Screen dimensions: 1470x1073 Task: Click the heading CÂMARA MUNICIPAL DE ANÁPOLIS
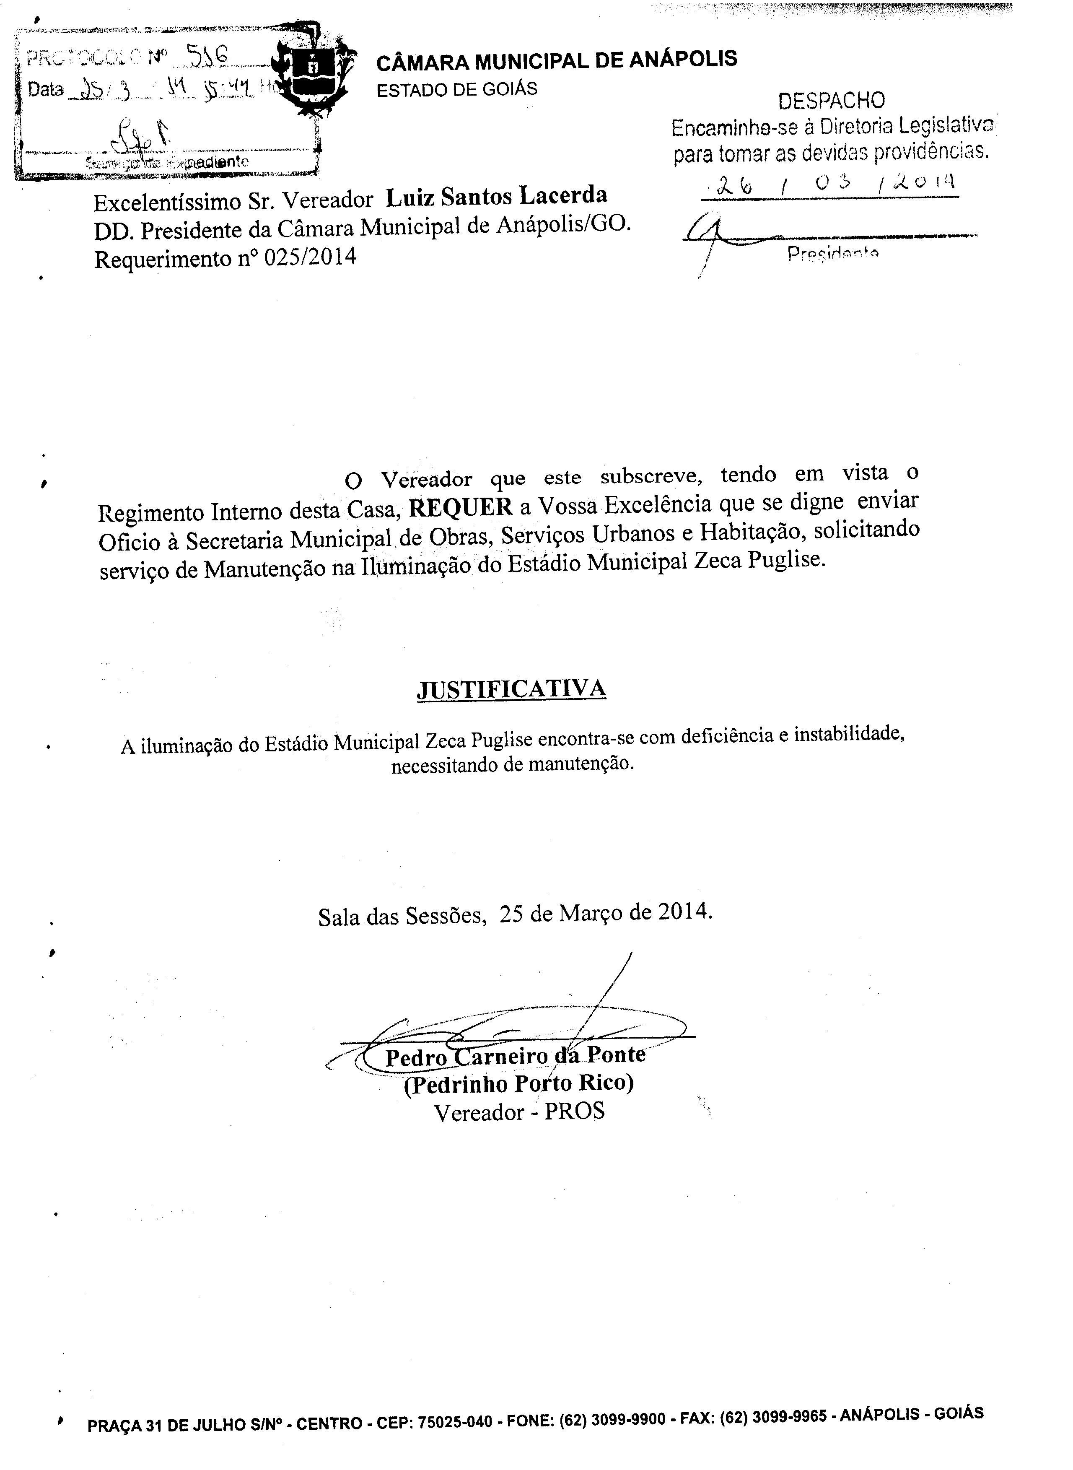557,60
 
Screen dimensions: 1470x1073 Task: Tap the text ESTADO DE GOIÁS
456,89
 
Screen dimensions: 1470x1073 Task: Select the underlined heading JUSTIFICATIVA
511,688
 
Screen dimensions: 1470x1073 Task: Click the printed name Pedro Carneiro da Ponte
515,1056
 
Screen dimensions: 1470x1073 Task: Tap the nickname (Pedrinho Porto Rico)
518,1083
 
